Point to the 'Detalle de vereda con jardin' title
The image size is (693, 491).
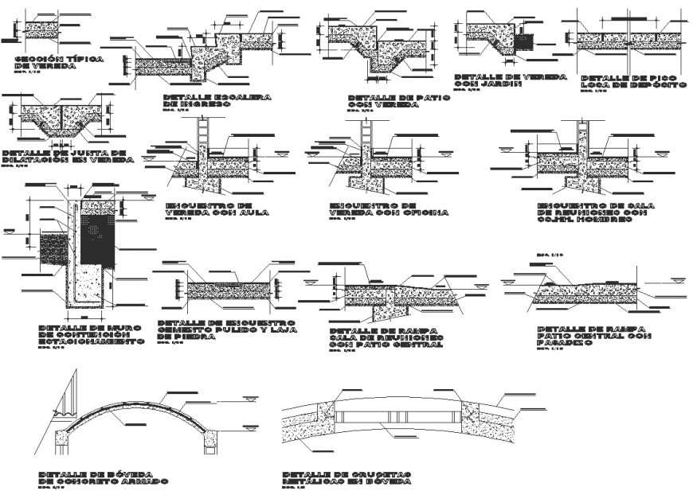tap(510, 80)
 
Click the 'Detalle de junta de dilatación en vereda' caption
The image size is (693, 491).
tap(64, 157)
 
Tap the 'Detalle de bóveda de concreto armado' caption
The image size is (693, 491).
tap(104, 478)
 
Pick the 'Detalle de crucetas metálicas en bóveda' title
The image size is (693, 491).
tap(346, 478)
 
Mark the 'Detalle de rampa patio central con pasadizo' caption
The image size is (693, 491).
tap(593, 337)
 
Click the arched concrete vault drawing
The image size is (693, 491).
tap(135, 414)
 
